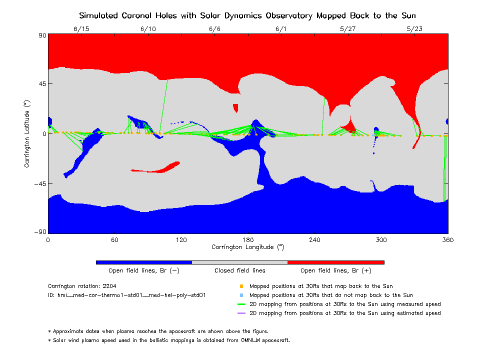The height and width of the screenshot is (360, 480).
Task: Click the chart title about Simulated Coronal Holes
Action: [248, 15]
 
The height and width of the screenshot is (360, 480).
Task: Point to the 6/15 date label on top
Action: [81, 28]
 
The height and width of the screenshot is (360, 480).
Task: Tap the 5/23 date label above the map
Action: [414, 28]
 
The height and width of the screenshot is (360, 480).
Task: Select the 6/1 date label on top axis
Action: [281, 28]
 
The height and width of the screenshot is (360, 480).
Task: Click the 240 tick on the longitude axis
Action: [314, 240]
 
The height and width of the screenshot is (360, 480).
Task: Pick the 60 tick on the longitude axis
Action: [114, 240]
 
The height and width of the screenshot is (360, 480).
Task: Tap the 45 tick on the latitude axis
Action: [40, 84]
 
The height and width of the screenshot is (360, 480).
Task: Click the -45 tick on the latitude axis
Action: [38, 184]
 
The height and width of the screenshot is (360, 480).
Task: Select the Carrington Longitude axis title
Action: [248, 247]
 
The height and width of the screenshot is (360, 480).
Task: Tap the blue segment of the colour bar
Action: [144, 262]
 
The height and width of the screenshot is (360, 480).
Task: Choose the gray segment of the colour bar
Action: [240, 262]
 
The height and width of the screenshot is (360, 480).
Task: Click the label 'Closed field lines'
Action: [240, 270]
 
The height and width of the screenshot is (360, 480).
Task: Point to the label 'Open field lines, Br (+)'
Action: [336, 270]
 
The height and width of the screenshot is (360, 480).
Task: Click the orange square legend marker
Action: [241, 286]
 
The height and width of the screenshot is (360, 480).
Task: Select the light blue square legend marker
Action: [241, 295]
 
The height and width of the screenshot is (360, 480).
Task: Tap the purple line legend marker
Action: [241, 313]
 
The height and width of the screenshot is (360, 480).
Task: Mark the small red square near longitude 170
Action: [235, 107]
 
